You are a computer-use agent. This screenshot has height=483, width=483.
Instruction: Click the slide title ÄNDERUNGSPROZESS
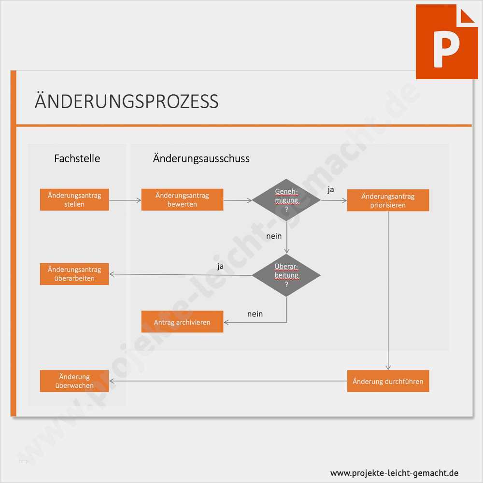point(127,101)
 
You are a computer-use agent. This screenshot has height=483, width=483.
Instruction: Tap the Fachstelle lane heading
point(77,158)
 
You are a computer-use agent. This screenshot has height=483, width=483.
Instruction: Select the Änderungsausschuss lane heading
point(201,158)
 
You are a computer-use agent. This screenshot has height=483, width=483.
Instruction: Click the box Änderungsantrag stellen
point(74,199)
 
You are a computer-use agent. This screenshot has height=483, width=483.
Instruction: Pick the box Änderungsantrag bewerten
point(182,199)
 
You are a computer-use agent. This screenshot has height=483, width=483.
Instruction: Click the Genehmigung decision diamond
point(286,199)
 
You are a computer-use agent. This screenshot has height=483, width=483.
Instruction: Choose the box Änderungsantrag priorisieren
point(388,200)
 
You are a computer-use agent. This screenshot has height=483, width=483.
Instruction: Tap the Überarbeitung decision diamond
point(286,275)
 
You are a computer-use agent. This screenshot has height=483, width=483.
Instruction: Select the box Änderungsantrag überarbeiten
point(74,274)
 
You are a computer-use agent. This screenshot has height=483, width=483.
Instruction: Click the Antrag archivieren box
point(182,322)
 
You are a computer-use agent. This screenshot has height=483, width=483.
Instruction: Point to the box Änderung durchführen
point(388,381)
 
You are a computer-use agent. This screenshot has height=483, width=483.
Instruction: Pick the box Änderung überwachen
point(74,381)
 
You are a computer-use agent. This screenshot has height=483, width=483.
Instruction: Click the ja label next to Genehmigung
point(331,190)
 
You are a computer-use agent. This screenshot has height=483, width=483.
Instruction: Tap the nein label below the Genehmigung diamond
point(274,236)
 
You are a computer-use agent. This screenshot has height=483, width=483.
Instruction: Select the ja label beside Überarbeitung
point(220,266)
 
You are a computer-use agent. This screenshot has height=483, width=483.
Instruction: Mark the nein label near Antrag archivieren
point(255,314)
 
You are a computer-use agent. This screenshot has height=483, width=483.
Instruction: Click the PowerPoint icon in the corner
point(446,42)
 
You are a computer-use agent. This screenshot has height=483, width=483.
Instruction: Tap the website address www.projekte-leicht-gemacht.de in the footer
point(394,473)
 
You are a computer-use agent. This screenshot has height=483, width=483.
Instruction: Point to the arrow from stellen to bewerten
point(125,199)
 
